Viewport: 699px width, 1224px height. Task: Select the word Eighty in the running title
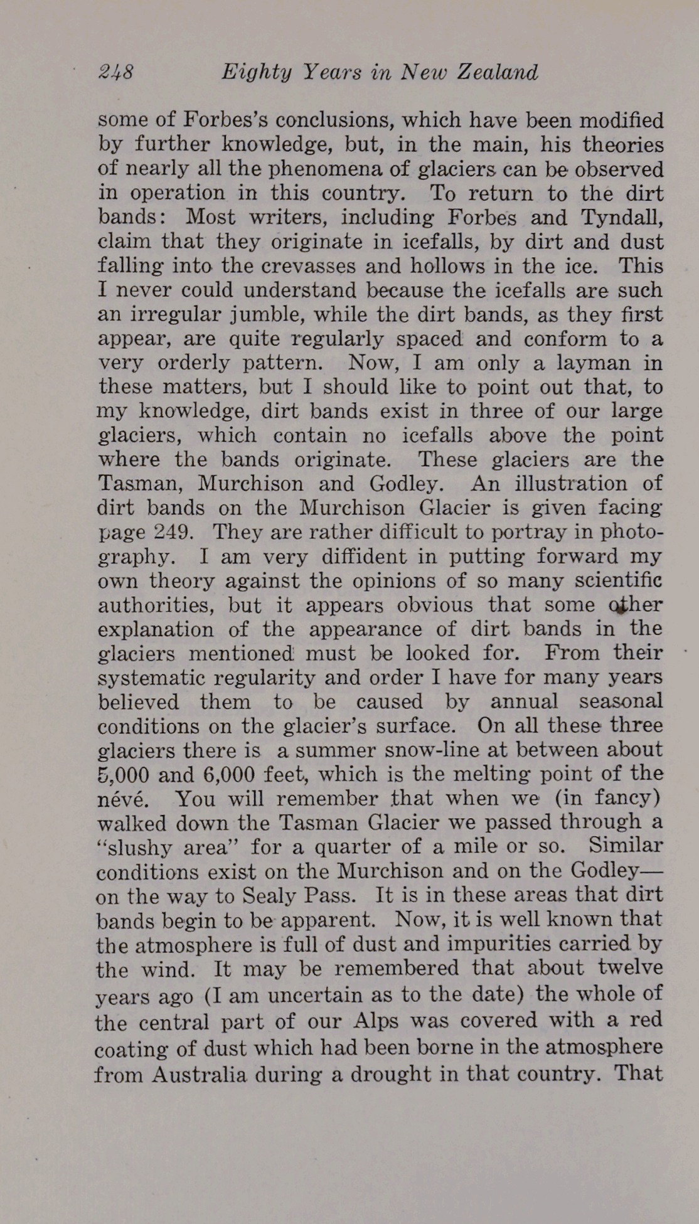(x=257, y=73)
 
